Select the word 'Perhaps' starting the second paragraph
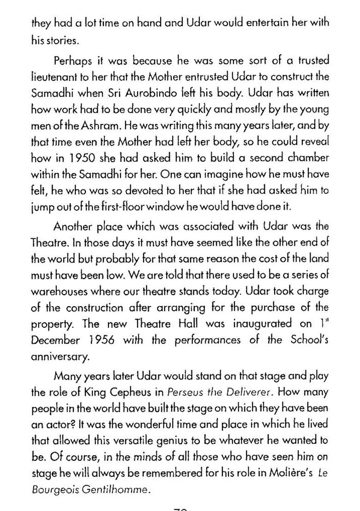[71, 61]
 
